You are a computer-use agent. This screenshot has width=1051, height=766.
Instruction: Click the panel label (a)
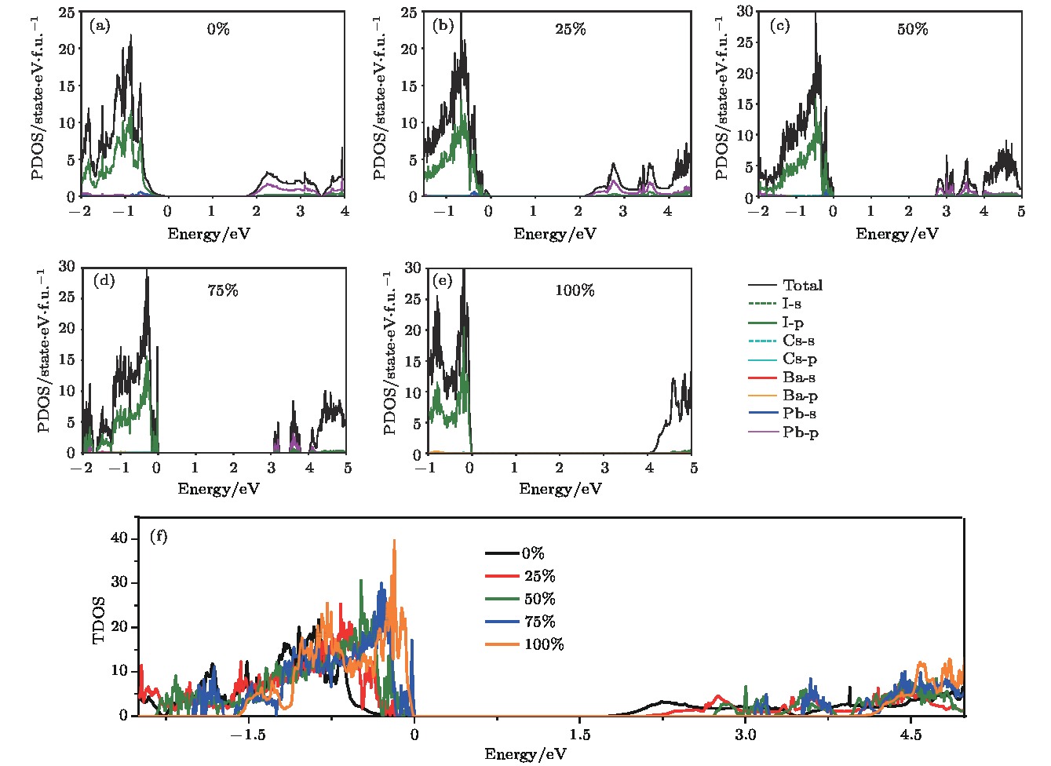point(99,26)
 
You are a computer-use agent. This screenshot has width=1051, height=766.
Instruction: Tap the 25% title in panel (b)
point(570,29)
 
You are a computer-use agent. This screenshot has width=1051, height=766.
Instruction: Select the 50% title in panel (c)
point(912,29)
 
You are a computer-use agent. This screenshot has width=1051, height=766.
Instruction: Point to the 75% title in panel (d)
point(223,290)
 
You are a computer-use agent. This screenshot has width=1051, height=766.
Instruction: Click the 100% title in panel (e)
point(575,290)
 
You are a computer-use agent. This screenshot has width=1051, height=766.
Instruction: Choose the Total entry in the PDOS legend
point(802,286)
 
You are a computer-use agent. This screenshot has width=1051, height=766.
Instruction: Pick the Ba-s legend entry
point(798,378)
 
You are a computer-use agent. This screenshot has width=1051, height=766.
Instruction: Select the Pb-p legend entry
point(800,432)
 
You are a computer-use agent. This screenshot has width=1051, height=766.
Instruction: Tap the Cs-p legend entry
point(800,359)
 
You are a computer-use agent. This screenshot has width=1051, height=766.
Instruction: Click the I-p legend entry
point(793,323)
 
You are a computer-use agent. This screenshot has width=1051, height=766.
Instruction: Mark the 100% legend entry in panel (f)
point(544,644)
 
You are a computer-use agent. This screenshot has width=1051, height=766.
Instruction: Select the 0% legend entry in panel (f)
point(533,553)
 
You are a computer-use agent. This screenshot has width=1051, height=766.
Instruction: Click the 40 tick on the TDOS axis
point(119,538)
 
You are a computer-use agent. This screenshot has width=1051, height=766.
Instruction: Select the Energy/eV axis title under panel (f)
point(525,754)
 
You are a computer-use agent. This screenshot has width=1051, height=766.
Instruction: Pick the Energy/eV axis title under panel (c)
point(896,234)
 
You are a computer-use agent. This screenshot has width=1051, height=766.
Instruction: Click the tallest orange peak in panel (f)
point(394,541)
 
